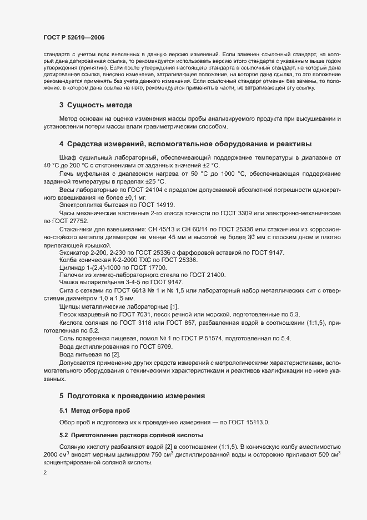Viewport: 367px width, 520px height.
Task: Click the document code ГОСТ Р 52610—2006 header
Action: coord(73,37)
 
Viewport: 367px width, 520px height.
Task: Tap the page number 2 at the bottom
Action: coord(45,473)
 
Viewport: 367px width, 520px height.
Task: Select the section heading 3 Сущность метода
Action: coord(95,105)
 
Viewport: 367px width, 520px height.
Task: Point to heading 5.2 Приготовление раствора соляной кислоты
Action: coord(132,434)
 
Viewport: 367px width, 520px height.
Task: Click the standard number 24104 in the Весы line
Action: coord(152,189)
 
